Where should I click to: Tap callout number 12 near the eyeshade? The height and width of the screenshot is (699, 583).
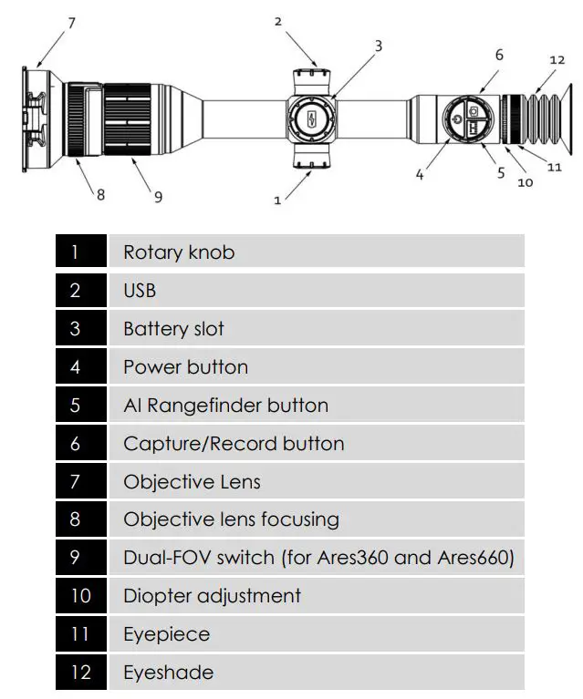pyautogui.click(x=557, y=60)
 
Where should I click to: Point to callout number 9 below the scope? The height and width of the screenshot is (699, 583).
pyautogui.click(x=158, y=196)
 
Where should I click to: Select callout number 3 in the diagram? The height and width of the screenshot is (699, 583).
pyautogui.click(x=378, y=45)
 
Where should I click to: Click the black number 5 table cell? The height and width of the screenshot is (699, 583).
pyautogui.click(x=75, y=406)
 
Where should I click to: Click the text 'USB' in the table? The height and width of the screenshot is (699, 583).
pyautogui.click(x=140, y=291)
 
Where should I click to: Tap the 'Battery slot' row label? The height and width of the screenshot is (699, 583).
pyautogui.click(x=173, y=329)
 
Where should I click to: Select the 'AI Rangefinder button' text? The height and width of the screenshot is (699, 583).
pyautogui.click(x=225, y=406)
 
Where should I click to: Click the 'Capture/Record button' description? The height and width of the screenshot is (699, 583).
pyautogui.click(x=234, y=444)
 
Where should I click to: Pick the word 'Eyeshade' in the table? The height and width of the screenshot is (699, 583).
pyautogui.click(x=168, y=673)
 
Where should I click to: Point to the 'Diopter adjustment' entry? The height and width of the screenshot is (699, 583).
pyautogui.click(x=212, y=596)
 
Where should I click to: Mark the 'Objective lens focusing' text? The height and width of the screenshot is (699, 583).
pyautogui.click(x=231, y=519)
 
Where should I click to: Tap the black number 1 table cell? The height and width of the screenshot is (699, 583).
pyautogui.click(x=75, y=252)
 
